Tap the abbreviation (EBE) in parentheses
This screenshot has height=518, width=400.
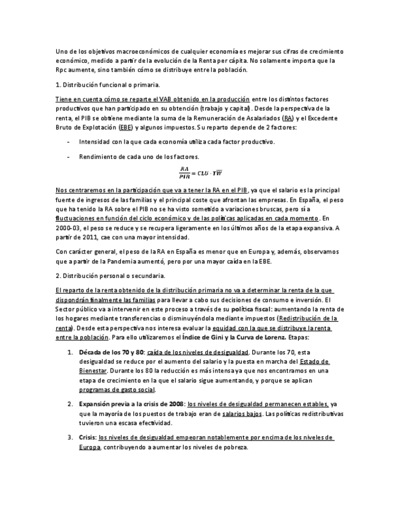pyautogui.click(x=126, y=127)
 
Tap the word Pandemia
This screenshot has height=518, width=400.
pyautogui.click(x=121, y=262)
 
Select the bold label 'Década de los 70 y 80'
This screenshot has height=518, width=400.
pyautogui.click(x=111, y=352)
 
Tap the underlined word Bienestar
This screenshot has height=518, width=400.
pyautogui.click(x=93, y=370)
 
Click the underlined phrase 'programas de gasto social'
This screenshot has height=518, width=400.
pyautogui.click(x=117, y=389)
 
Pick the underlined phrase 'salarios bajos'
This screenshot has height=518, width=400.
pyautogui.click(x=242, y=414)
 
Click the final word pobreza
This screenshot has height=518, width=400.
pyautogui.click(x=234, y=447)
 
